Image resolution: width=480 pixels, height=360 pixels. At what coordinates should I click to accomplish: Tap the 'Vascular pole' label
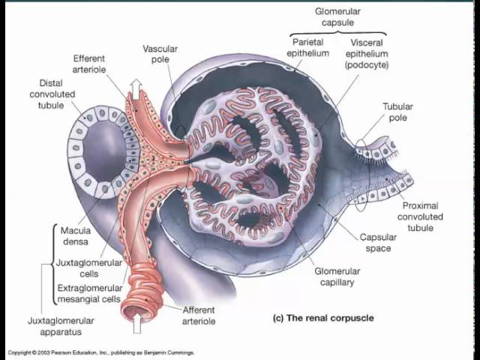pos(160,54)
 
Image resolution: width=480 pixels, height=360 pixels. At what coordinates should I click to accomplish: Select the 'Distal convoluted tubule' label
pos(52,95)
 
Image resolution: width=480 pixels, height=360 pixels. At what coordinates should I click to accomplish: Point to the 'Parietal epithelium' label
pos(308,48)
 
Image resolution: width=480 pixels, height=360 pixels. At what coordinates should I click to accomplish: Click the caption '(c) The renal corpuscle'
pos(322,318)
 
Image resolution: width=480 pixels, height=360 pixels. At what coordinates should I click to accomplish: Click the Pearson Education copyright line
pos(101,352)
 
